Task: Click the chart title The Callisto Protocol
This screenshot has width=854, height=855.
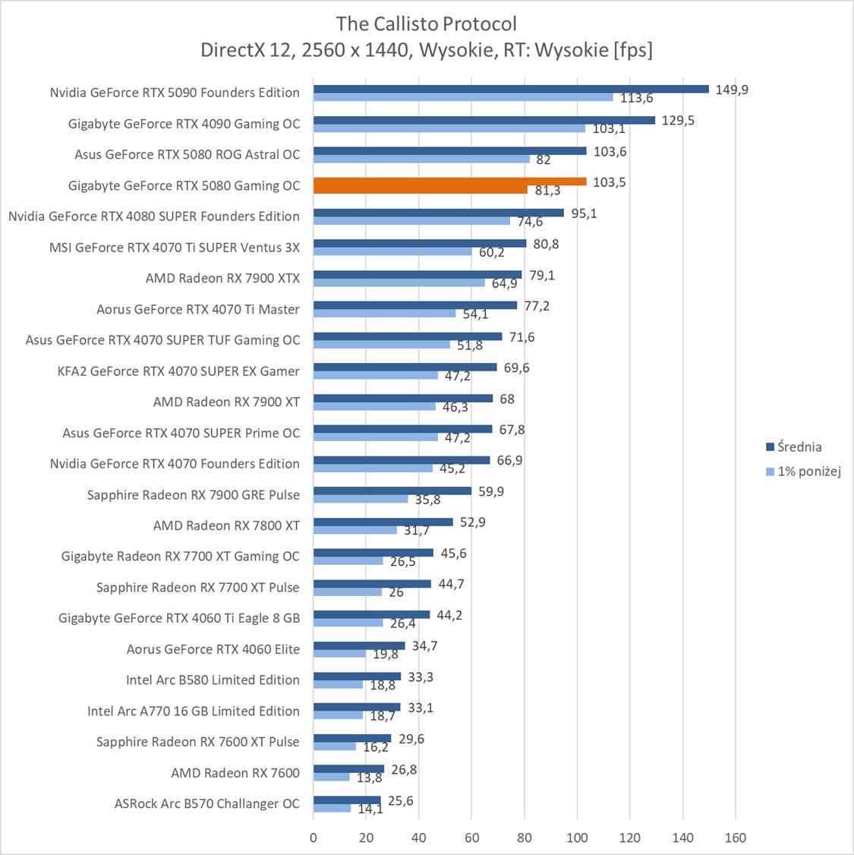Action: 427,24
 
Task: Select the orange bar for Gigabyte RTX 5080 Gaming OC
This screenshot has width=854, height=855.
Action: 449,181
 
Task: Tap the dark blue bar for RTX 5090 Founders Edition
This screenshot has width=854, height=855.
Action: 510,89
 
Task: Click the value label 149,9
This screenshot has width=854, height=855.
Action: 732,90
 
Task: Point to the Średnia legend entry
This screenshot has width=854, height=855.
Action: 793,447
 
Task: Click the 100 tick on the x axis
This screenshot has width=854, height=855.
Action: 577,838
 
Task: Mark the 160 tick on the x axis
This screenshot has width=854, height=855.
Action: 735,838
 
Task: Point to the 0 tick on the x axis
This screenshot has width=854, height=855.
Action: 314,838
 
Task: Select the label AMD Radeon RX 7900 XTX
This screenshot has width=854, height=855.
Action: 222,278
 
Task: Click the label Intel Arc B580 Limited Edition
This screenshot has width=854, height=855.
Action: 213,680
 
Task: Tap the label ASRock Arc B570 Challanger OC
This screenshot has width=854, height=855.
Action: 207,803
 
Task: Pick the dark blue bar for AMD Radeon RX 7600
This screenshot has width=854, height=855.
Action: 348,769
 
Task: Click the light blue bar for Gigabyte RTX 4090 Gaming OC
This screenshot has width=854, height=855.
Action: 449,128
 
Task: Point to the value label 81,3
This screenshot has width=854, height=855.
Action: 547,191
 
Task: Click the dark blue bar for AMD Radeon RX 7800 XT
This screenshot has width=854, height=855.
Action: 383,522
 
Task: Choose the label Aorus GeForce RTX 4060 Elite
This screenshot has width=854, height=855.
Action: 213,649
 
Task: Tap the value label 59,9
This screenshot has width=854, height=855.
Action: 491,491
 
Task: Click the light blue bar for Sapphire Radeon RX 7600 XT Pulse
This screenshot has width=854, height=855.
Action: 335,746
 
